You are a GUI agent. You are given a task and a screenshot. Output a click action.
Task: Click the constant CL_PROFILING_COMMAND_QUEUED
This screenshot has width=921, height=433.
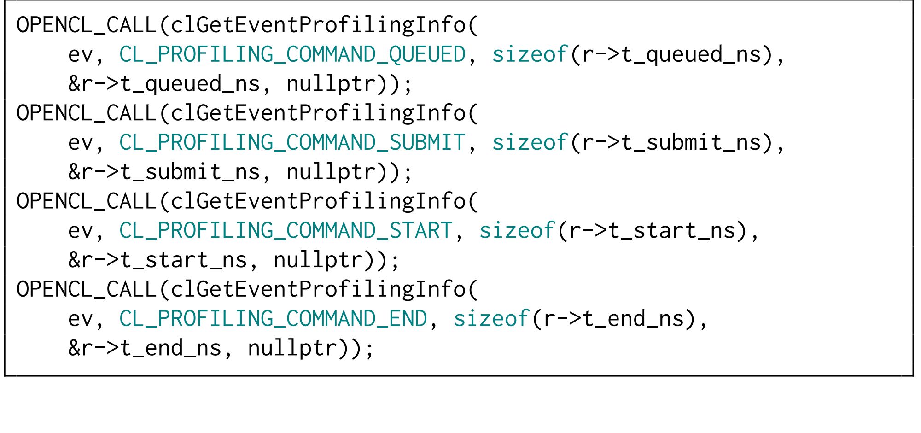point(292,54)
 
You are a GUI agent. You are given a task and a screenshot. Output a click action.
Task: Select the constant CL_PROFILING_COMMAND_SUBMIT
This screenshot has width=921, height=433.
point(292,142)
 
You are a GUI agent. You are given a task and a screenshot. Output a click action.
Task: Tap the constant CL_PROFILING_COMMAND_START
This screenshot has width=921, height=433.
point(286,230)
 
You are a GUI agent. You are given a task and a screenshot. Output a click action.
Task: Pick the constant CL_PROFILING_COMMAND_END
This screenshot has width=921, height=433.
point(273,319)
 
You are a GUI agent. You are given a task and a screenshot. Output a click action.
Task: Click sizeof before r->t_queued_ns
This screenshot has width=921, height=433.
point(530,54)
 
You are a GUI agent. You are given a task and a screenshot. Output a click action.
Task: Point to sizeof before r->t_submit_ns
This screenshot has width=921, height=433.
point(530,142)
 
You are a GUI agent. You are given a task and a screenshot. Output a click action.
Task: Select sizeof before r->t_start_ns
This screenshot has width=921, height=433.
point(517,230)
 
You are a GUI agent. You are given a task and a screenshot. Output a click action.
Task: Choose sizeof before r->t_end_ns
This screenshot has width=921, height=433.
point(491,319)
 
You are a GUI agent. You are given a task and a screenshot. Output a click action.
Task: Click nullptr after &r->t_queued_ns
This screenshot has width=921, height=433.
point(331,84)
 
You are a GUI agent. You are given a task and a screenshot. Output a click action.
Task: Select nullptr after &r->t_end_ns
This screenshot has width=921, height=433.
point(292,348)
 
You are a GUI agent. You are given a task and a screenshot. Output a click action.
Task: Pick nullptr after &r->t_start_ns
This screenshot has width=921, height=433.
point(318,260)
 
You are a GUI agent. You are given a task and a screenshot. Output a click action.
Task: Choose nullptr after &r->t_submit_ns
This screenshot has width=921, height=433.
point(331,172)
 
